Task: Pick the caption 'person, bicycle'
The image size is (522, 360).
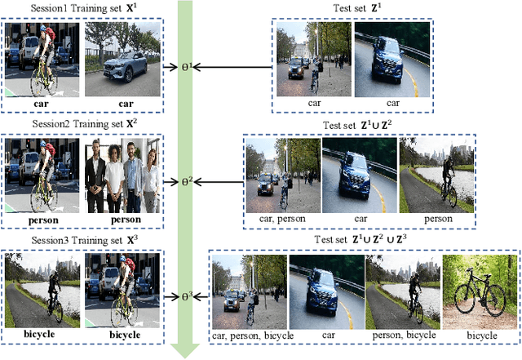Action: coord(402,335)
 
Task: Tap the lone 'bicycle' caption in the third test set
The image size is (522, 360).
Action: coord(475,335)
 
